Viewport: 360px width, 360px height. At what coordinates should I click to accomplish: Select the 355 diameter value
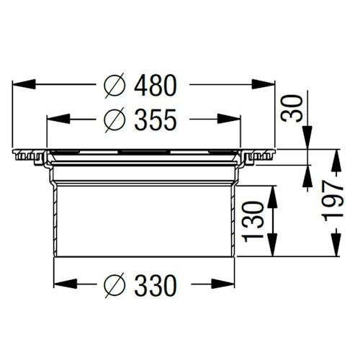tap(155, 120)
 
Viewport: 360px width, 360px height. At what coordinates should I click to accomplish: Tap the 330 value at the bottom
tap(155, 286)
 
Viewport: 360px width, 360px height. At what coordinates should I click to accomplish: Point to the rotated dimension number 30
tap(292, 109)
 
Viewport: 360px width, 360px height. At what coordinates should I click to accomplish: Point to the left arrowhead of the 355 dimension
tap(52, 120)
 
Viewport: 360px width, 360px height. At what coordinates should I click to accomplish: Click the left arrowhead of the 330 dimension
tap(60, 286)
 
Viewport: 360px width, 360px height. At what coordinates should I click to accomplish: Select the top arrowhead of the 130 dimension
tap(272, 190)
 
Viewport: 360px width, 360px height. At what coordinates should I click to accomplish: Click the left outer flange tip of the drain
tap(16, 155)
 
